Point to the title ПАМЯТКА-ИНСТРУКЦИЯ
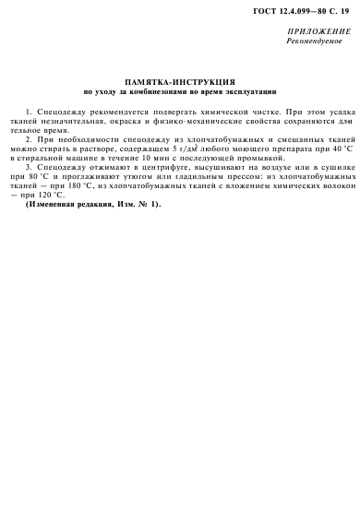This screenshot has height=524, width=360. pos(179,82)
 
